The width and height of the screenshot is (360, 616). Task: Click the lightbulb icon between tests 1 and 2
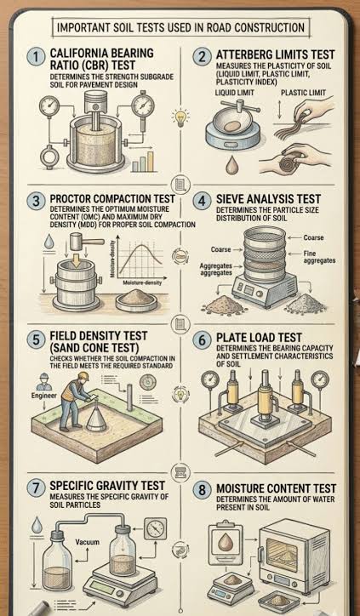point(180,117)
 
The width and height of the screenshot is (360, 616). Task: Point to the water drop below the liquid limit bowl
point(231,165)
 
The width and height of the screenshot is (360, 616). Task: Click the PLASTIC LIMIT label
point(304,93)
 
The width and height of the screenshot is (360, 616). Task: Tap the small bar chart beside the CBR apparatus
point(143,162)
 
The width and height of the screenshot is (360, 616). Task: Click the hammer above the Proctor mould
point(83,242)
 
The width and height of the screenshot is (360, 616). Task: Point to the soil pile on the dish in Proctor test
point(135,298)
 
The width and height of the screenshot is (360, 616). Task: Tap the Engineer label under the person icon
point(44,396)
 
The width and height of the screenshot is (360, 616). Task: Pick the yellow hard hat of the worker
point(83,376)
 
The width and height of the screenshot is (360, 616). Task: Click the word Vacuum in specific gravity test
point(87,542)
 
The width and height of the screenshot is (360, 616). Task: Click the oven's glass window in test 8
point(283,555)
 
